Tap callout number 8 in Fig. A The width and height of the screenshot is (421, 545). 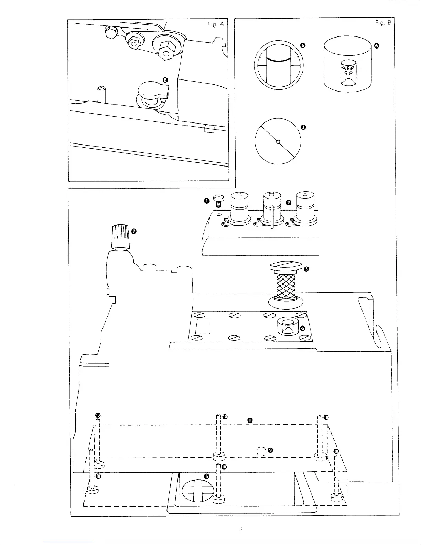pos(165,80)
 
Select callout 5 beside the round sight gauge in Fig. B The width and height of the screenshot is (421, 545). pos(303,45)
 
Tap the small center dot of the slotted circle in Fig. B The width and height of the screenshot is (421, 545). pos(278,141)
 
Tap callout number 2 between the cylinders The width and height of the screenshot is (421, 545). pos(288,202)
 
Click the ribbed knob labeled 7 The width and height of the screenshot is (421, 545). pos(120,237)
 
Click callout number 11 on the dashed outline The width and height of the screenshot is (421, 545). pos(250,420)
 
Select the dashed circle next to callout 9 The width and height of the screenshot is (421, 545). pos(262,450)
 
